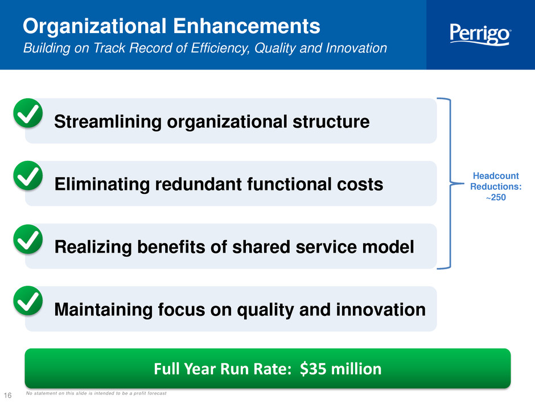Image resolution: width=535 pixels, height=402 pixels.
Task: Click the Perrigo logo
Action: coord(480,34)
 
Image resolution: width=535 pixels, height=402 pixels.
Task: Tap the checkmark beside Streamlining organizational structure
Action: coord(28,113)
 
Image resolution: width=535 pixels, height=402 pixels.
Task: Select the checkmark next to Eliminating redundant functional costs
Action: coord(28,176)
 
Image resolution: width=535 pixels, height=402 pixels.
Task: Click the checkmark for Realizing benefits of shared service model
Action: coord(28,239)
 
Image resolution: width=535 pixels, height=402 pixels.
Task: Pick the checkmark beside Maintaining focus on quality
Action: coord(28,301)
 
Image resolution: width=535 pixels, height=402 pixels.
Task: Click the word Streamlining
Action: coord(108,122)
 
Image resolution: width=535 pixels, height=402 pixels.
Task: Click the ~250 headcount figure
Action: coord(496,197)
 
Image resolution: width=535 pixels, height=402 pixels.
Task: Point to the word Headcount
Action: coord(496,176)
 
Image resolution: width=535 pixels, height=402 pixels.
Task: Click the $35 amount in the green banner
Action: coord(313,369)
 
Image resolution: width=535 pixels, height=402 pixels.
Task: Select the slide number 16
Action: coord(7,395)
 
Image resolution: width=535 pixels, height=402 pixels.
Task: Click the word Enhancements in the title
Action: coord(246,26)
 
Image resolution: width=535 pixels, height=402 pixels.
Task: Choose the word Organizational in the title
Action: coord(94,27)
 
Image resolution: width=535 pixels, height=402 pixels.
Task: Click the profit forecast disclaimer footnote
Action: coord(96,393)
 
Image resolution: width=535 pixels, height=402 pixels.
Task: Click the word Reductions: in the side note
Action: coord(496,186)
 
